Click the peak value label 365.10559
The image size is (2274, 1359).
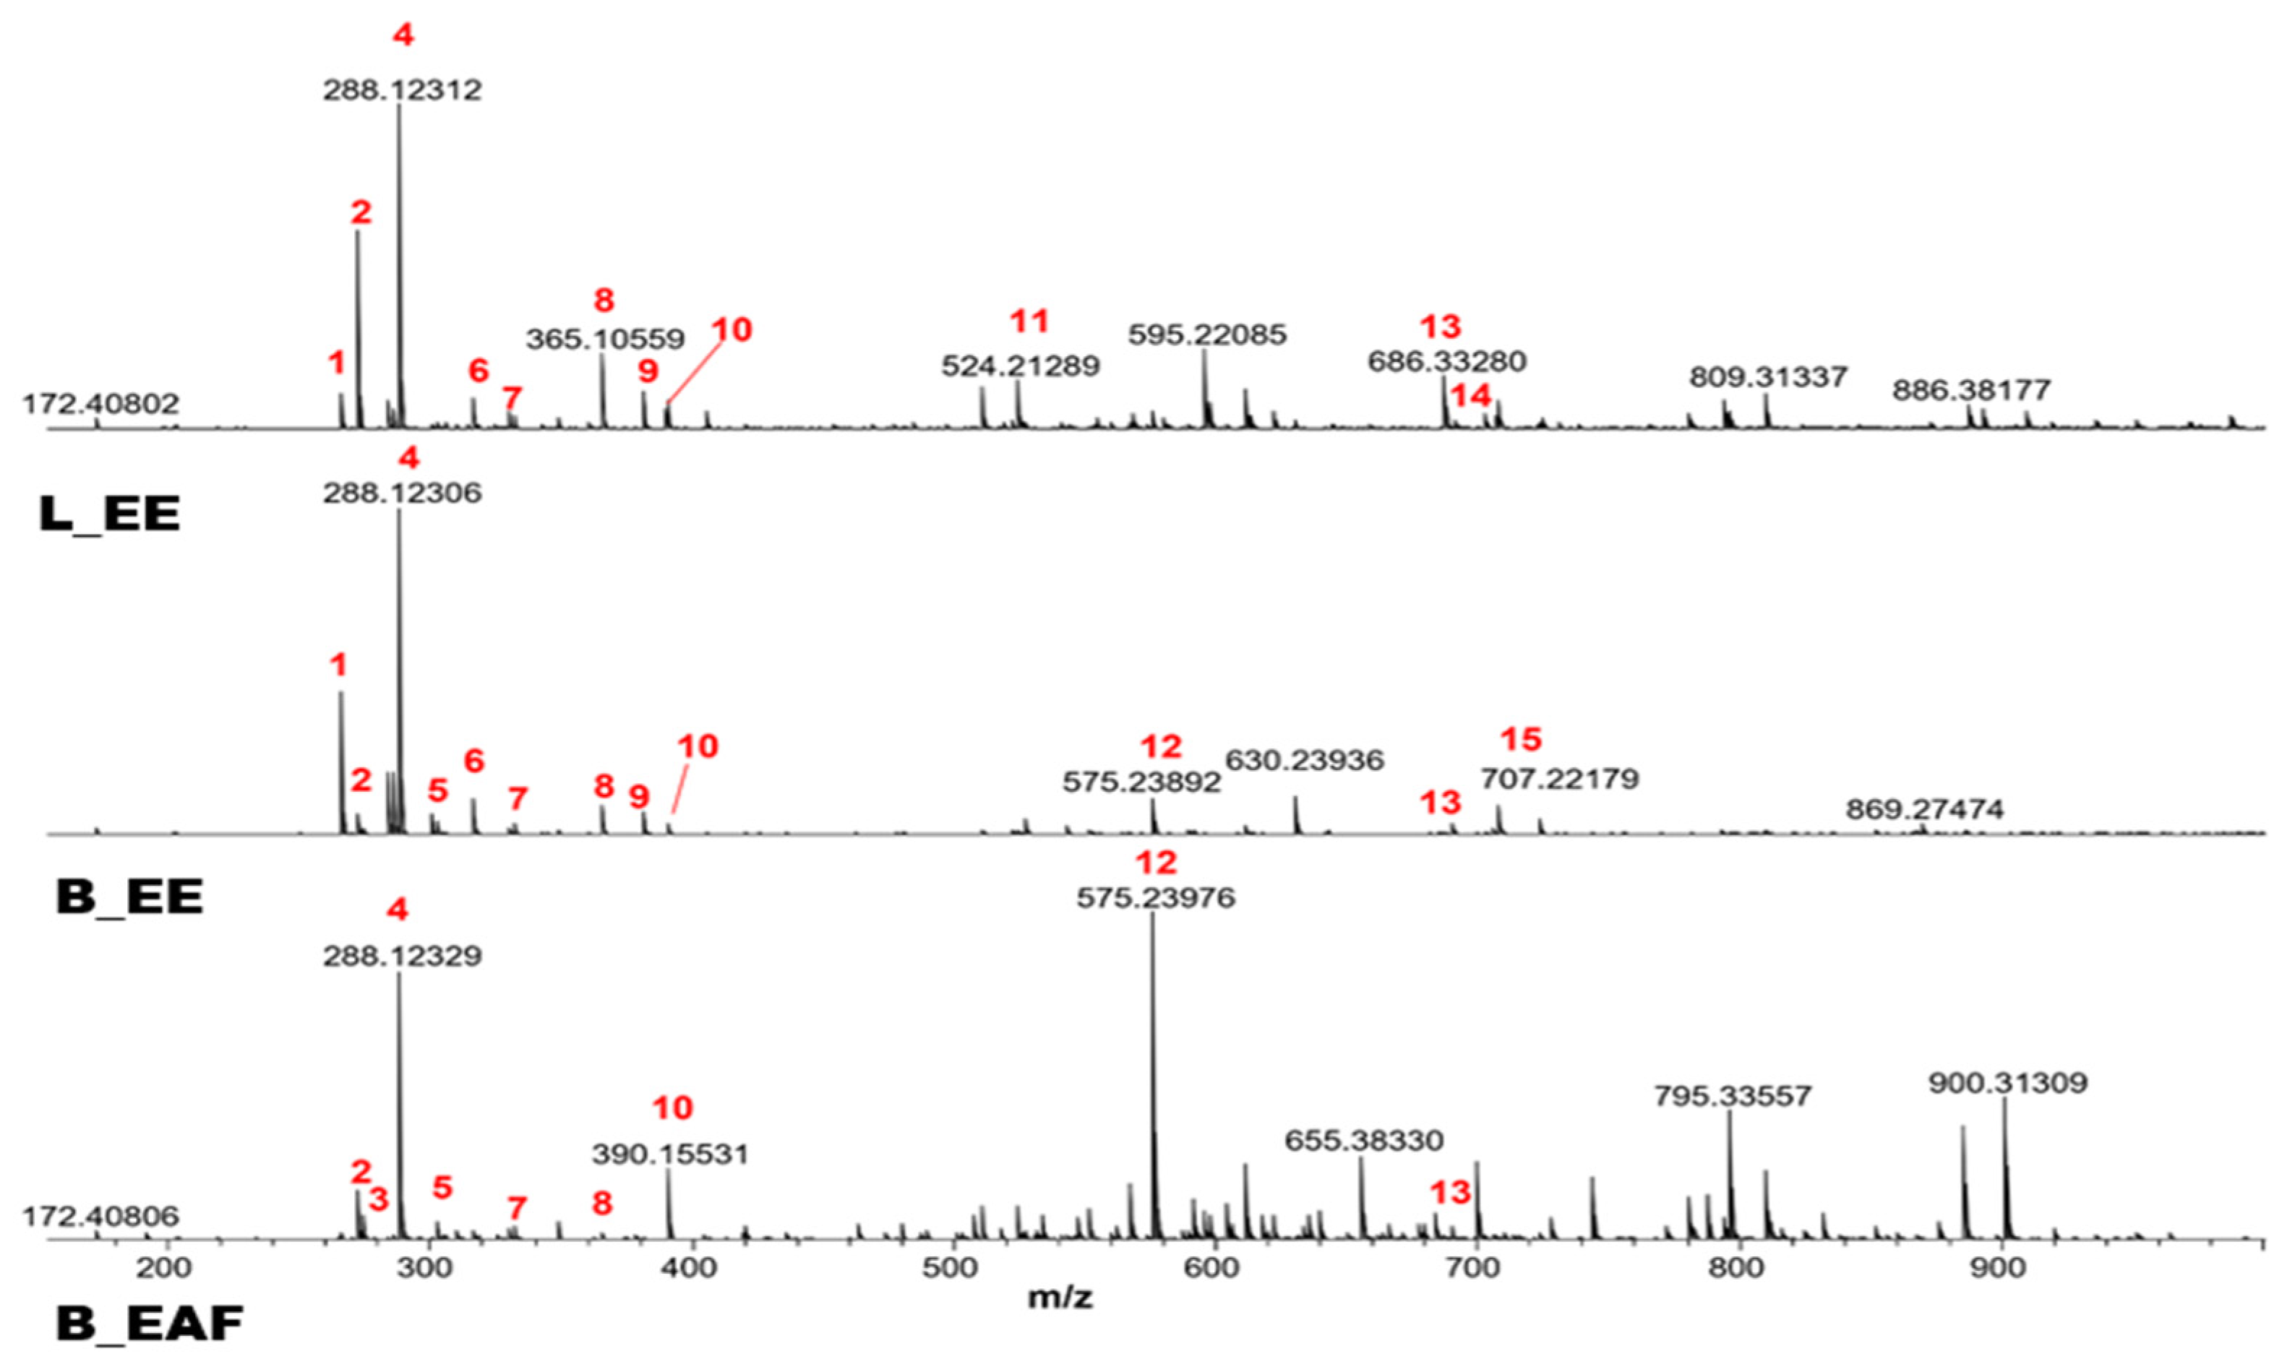point(605,339)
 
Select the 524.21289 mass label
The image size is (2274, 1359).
point(1021,366)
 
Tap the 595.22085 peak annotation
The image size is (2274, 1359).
point(1206,335)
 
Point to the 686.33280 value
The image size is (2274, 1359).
point(1446,362)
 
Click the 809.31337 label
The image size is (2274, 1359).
point(1767,377)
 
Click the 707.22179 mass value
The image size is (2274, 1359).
point(1559,780)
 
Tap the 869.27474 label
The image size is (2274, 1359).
point(1924,809)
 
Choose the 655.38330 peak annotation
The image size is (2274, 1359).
point(1363,1141)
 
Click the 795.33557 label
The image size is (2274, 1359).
point(1732,1096)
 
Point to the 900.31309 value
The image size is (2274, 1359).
point(2007,1083)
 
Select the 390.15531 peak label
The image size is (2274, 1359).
point(670,1154)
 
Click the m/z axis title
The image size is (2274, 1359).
point(1060,1298)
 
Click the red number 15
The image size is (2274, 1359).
point(1521,739)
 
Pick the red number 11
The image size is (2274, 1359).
point(1029,322)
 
